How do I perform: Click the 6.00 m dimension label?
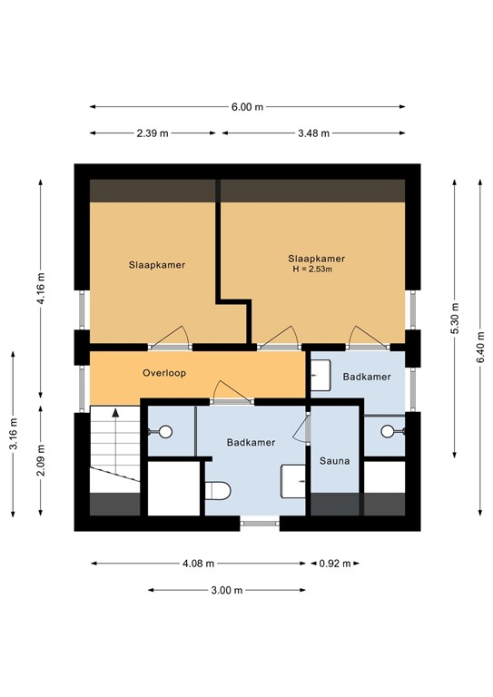click(247, 107)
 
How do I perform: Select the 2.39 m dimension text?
click(153, 133)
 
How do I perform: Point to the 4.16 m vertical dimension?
click(41, 290)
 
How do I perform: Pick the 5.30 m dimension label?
click(454, 318)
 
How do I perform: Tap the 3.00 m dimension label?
click(226, 590)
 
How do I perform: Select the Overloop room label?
click(164, 373)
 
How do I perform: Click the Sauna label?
click(334, 461)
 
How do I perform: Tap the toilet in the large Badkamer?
click(218, 491)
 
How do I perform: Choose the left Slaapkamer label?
click(156, 265)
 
